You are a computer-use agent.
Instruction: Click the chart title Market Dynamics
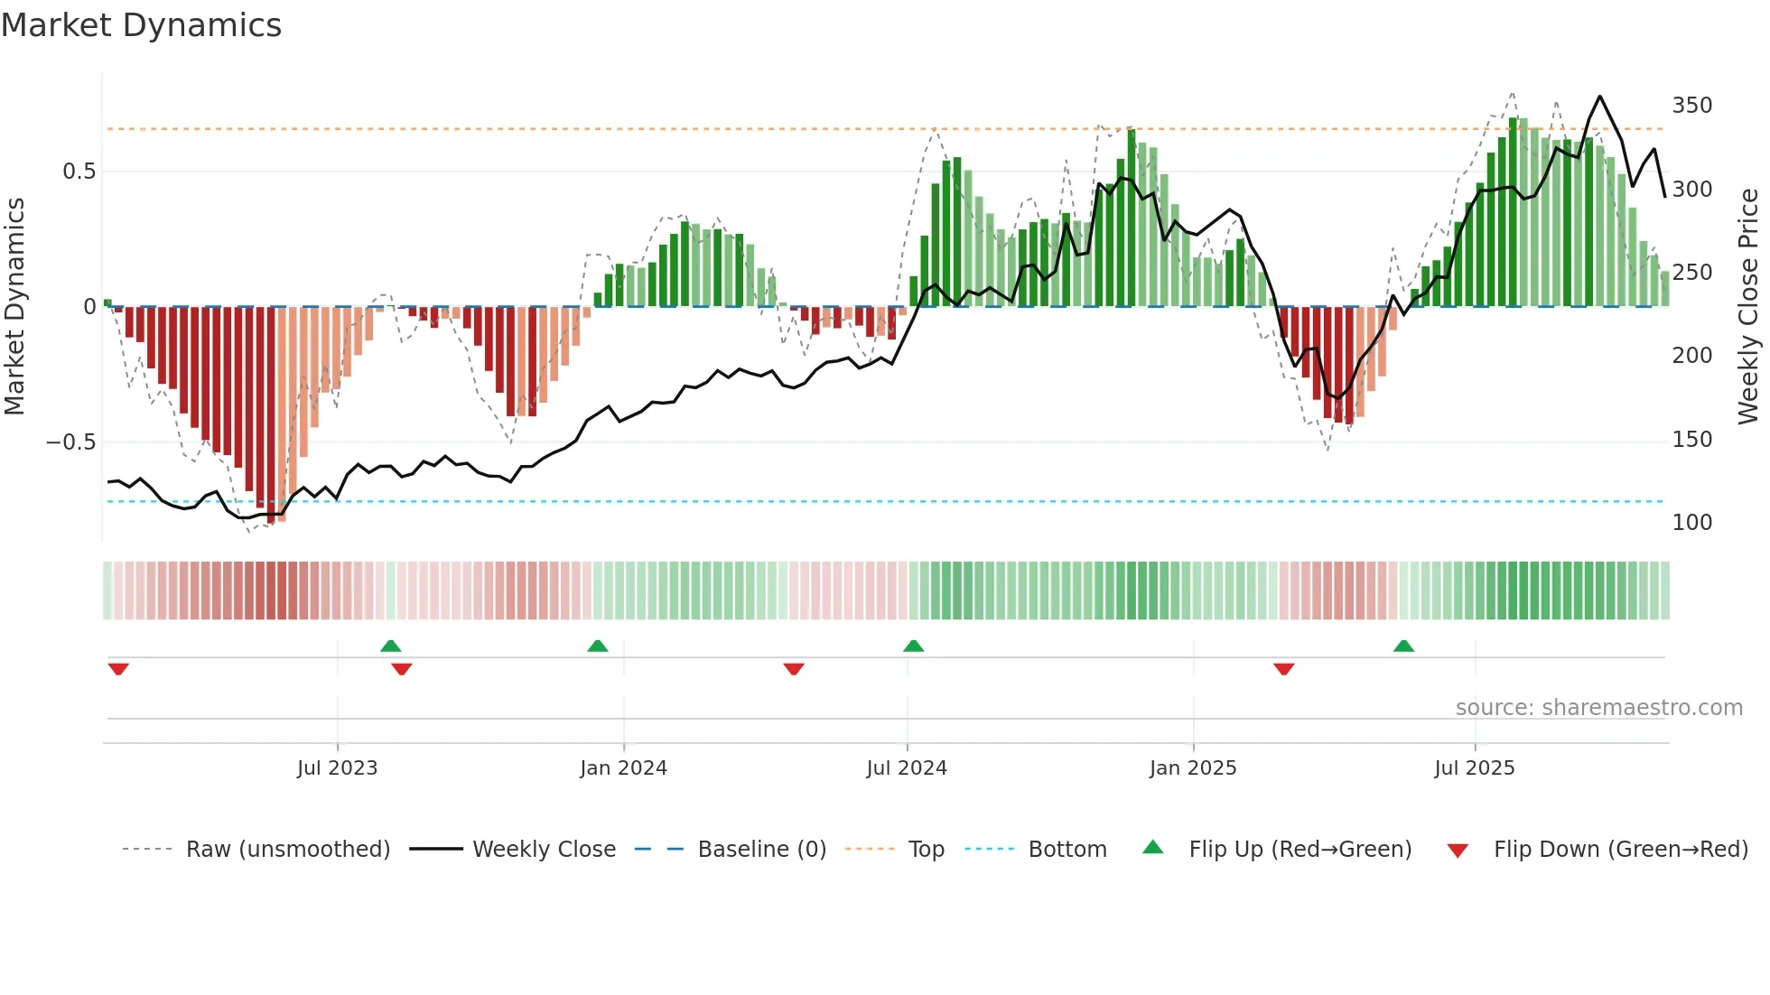pyautogui.click(x=141, y=25)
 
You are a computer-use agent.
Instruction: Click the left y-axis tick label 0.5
pyautogui.click(x=79, y=172)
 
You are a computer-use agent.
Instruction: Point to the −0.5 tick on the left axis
pyautogui.click(x=70, y=442)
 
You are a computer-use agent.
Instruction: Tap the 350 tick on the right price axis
pyautogui.click(x=1691, y=106)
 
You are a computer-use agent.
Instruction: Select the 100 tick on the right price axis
pyautogui.click(x=1691, y=523)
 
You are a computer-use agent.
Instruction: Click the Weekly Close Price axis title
pyautogui.click(x=1748, y=307)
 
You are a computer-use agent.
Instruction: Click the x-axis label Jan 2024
pyautogui.click(x=623, y=768)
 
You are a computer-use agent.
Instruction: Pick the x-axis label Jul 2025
pyautogui.click(x=1474, y=768)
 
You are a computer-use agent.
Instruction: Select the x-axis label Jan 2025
pyautogui.click(x=1192, y=768)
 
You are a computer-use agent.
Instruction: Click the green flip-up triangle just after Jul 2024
pyautogui.click(x=913, y=646)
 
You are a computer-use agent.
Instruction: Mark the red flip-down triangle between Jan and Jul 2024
pyautogui.click(x=794, y=669)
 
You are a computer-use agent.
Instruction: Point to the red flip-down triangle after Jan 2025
pyautogui.click(x=1283, y=669)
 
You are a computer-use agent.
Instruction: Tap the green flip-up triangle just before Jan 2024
pyautogui.click(x=597, y=646)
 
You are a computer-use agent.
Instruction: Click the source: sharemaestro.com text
pyautogui.click(x=1598, y=708)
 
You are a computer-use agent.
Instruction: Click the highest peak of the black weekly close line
pyautogui.click(x=1599, y=97)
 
